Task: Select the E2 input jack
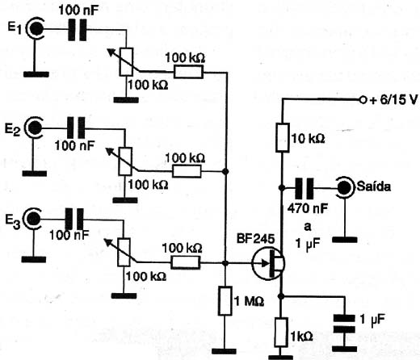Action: [34, 128]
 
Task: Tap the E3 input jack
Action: [33, 219]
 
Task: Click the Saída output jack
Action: [345, 187]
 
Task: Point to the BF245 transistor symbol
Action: [268, 263]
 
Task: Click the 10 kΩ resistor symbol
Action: [282, 137]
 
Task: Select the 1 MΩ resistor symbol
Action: [225, 301]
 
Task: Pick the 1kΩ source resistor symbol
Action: [281, 332]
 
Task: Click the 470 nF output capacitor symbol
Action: [304, 188]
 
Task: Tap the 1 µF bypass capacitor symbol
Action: [344, 324]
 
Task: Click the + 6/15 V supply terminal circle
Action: [363, 100]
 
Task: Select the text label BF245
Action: [255, 238]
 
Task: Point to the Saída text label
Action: [374, 186]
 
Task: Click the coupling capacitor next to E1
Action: [78, 30]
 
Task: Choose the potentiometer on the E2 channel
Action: [125, 161]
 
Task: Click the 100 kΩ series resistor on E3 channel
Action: [185, 262]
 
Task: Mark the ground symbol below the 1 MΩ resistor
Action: [224, 351]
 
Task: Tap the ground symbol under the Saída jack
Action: [345, 240]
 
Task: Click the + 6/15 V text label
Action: [393, 100]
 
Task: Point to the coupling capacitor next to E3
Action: [74, 219]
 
